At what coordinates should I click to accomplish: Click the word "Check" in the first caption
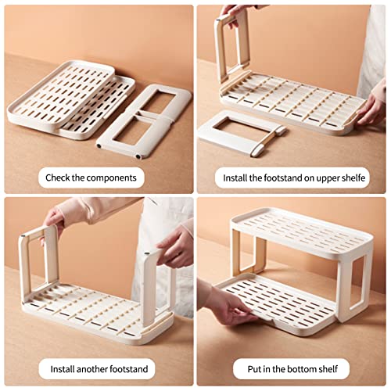coord(58,178)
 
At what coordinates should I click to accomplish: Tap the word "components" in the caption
coord(111,178)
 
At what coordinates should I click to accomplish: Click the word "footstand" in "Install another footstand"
coord(128,369)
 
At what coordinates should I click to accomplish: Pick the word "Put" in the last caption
coord(253,369)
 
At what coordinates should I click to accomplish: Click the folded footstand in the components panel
coord(143,121)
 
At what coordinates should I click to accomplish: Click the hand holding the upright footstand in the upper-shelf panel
coord(233,14)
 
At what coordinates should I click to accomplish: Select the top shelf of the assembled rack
coord(303,231)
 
